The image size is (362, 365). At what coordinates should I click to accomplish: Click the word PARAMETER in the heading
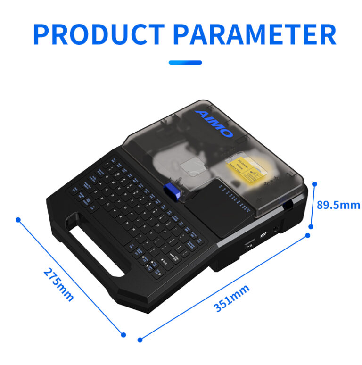coord(254,33)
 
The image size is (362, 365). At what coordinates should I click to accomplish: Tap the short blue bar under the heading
coord(185,62)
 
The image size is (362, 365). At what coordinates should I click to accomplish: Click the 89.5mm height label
coord(338,205)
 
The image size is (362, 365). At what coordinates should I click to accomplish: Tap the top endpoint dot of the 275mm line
coord(18,219)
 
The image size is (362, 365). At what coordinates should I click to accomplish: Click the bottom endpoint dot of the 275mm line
coord(123,334)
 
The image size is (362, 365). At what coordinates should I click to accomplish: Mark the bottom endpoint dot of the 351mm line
coord(140,339)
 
